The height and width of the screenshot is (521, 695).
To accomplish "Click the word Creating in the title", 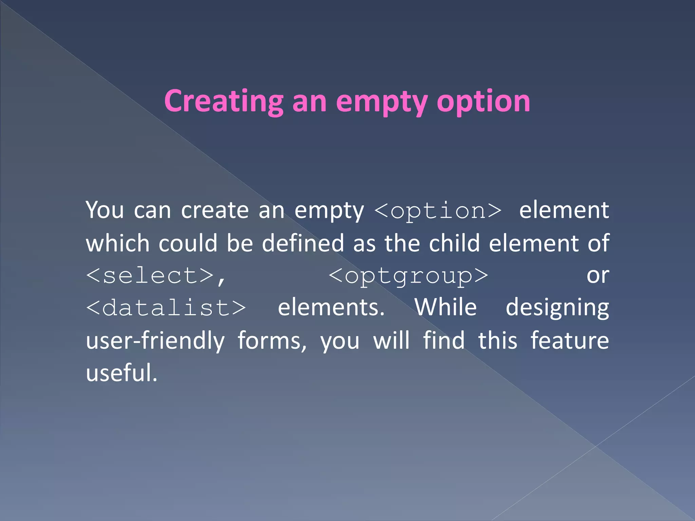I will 224,101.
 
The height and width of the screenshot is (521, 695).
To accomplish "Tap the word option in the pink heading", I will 483,101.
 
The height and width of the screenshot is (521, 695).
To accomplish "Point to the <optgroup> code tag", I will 408,275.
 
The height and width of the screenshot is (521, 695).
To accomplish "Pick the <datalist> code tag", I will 166,308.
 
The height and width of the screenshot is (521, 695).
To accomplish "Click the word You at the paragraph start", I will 105,210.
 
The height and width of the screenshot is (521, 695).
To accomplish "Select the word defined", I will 303,243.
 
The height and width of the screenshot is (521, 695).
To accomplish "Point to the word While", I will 446,307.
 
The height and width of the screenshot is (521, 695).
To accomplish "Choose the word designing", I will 557,308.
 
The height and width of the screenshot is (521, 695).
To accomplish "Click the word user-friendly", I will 155,341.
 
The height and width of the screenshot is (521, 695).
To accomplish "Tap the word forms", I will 271,341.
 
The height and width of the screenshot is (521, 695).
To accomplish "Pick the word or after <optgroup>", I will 598,275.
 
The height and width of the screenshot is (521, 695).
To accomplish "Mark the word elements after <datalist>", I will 331,307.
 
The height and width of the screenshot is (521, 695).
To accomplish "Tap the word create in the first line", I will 215,210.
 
